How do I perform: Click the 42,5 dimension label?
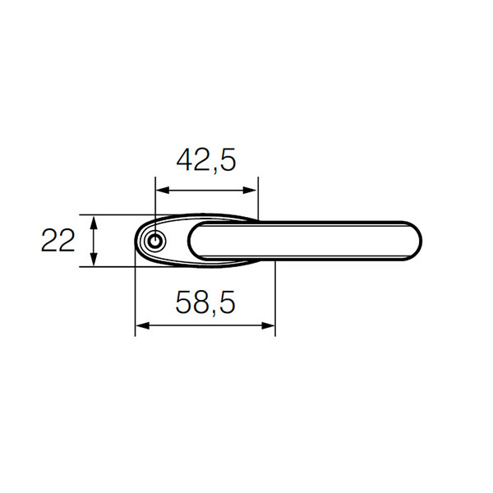pos(206,160)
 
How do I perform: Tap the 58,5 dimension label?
pos(205,302)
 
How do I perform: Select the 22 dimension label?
pos(58,241)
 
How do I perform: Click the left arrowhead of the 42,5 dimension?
pos(163,191)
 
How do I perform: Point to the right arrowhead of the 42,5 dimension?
pos(250,191)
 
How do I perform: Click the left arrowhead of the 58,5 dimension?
pos(142,325)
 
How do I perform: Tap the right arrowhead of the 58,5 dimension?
pos(268,325)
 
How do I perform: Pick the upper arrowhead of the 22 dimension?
pos(94,223)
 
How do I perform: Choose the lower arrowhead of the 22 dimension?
pos(94,260)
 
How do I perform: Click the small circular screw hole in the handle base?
pos(154,242)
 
